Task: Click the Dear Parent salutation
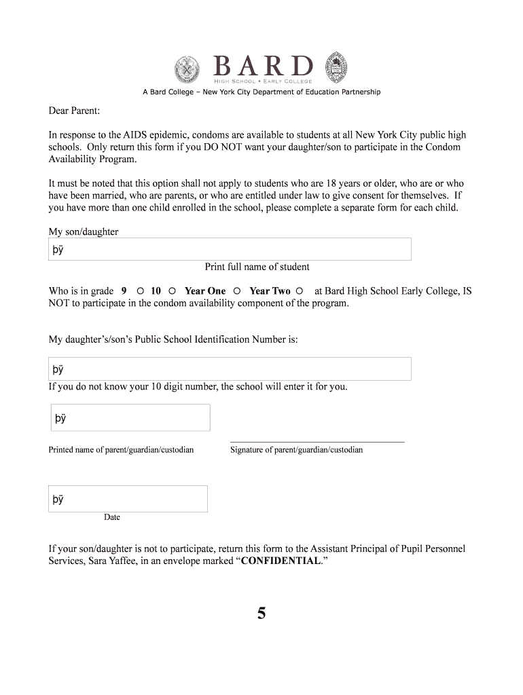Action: click(x=74, y=110)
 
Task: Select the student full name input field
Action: click(x=230, y=249)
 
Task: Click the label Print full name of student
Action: click(x=257, y=267)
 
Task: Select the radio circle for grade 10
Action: click(x=172, y=291)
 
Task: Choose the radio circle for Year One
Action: click(x=237, y=291)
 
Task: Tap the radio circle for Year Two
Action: click(x=300, y=291)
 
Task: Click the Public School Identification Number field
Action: click(x=230, y=369)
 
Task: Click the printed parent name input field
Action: click(x=129, y=417)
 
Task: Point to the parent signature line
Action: click(x=317, y=441)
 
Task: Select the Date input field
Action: click(x=128, y=499)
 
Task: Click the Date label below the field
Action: click(x=112, y=517)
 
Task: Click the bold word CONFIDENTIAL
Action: click(x=281, y=561)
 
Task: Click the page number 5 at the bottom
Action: click(x=261, y=614)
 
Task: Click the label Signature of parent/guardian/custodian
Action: click(x=296, y=450)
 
